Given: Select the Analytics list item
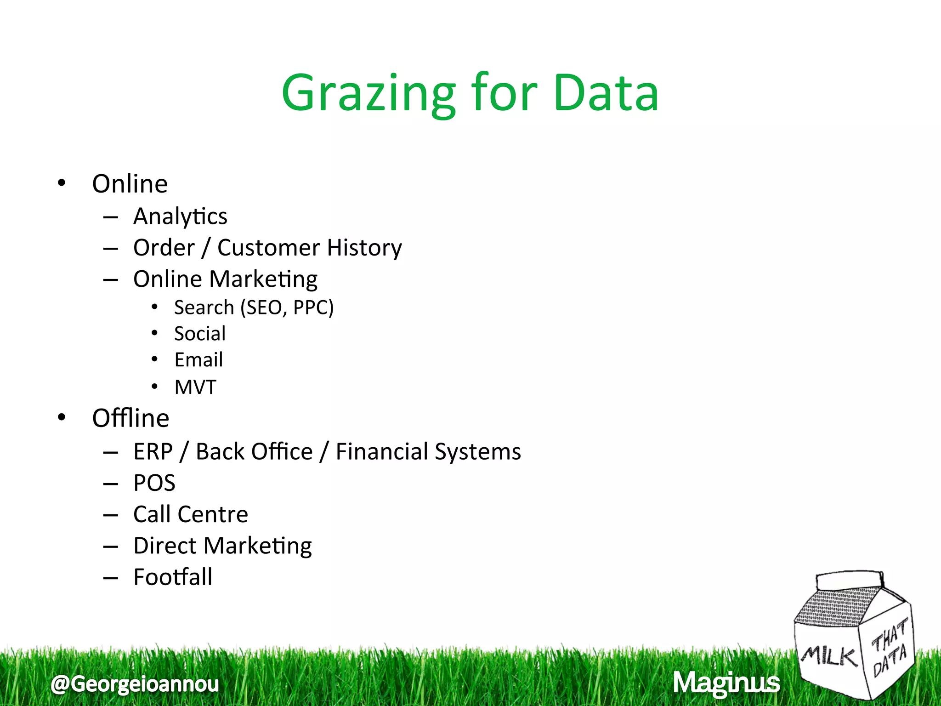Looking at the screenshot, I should coord(180,216).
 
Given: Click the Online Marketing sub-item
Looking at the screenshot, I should coord(225,279).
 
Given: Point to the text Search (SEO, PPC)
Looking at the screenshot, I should coord(254,307).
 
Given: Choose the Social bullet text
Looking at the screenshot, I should coord(200,334).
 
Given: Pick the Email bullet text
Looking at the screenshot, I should coord(198,360).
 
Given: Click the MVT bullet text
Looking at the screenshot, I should coord(195,387).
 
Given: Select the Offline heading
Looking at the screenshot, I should coord(130,418).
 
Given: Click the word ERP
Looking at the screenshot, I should coord(153,451).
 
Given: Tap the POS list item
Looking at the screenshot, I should coord(154,483).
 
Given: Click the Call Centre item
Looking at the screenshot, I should coord(191,514).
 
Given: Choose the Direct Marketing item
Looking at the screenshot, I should coord(222,546).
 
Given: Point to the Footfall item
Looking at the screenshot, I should coord(173,577).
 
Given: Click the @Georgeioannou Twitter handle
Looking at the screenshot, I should coord(135,684).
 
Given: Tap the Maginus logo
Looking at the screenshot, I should coord(726,683).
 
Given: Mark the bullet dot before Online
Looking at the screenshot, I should coord(62,183).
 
